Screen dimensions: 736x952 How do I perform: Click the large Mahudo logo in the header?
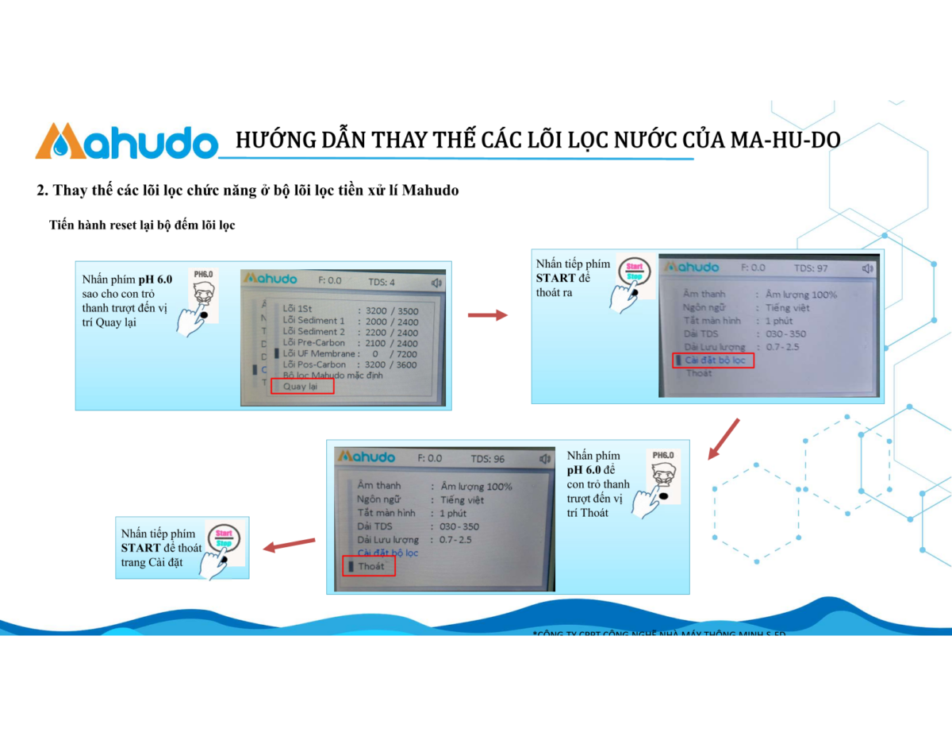(126, 141)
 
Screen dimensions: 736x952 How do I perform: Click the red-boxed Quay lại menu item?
(301, 387)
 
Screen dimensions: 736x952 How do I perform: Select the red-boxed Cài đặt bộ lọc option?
(713, 360)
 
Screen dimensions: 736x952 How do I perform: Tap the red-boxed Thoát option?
(370, 566)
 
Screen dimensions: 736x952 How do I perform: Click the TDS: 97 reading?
(810, 268)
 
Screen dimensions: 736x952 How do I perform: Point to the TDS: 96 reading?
(487, 459)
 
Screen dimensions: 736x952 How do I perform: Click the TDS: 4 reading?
(381, 281)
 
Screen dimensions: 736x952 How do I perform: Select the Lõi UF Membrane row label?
(319, 353)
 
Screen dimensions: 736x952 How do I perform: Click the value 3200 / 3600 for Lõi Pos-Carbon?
(392, 364)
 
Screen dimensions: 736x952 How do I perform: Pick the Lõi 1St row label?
(297, 310)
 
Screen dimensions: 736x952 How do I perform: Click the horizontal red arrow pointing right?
(487, 315)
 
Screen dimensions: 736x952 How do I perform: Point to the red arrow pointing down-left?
(724, 439)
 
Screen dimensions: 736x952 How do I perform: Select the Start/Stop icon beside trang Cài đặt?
(225, 543)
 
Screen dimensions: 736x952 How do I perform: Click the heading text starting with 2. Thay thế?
(248, 191)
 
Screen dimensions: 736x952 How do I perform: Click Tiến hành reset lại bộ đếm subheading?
(142, 225)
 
